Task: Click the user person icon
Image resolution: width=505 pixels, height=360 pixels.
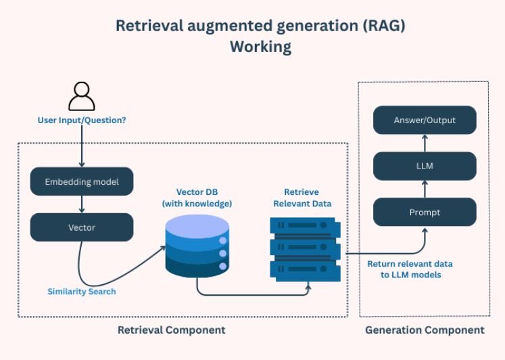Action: click(82, 96)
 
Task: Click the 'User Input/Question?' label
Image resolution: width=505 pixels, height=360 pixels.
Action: click(82, 120)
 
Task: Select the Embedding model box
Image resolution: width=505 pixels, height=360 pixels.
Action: click(82, 181)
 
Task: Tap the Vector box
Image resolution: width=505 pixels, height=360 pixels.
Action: click(82, 227)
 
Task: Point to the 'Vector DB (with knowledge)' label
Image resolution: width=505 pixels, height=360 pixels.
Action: click(197, 198)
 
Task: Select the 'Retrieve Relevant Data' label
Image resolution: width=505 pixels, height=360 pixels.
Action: click(302, 198)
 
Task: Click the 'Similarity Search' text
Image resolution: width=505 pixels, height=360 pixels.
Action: click(82, 292)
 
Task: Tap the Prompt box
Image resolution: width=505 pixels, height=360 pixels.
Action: click(425, 212)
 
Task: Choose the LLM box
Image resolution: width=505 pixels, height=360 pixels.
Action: click(425, 166)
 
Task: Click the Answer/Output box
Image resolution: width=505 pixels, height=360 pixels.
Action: click(425, 120)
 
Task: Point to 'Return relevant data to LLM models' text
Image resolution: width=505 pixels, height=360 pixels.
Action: click(410, 269)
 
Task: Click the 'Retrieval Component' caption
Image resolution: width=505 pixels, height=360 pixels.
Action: click(171, 330)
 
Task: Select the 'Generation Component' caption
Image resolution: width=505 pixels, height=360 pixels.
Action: click(425, 330)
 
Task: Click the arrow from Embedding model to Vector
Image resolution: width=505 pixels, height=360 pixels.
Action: click(82, 204)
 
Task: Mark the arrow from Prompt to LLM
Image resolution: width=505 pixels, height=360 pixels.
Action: click(425, 189)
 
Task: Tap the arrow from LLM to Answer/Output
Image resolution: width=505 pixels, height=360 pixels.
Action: click(425, 143)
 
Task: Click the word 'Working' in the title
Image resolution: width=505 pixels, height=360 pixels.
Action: click(260, 47)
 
